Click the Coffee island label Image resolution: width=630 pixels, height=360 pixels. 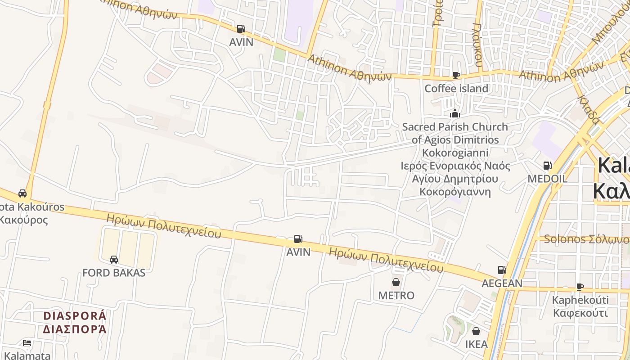(x=456, y=88)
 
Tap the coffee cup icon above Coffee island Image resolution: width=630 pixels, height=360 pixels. (x=456, y=75)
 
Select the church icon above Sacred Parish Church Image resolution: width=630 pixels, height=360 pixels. (x=455, y=113)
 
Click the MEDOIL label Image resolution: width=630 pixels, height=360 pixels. (x=547, y=179)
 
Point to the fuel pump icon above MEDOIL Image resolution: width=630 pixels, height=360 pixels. (x=547, y=166)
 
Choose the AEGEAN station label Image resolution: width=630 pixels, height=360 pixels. (x=502, y=283)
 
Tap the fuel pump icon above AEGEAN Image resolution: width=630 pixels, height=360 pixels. (x=501, y=270)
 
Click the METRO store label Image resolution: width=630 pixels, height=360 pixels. (x=396, y=295)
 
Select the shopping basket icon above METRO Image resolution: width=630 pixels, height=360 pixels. (x=396, y=282)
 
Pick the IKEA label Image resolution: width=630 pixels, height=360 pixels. (x=476, y=344)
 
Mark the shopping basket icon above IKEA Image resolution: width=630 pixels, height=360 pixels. (x=476, y=332)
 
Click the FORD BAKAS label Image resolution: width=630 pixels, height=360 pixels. (x=114, y=272)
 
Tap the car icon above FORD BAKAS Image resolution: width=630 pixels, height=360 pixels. (x=114, y=259)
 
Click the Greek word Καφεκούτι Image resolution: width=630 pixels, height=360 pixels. (x=580, y=313)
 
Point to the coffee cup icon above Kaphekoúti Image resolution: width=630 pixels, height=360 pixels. (x=580, y=287)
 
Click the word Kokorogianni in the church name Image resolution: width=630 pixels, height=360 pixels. (x=455, y=153)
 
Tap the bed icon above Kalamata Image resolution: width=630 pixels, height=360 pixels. (x=27, y=343)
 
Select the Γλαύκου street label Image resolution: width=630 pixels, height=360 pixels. (x=478, y=45)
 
